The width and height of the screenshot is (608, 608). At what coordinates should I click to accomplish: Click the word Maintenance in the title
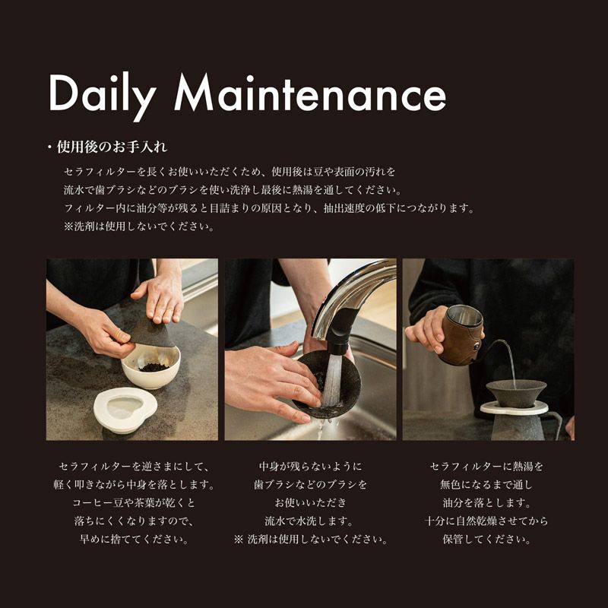coord(310,92)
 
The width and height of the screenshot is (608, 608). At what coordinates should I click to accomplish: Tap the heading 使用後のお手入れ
coord(112,147)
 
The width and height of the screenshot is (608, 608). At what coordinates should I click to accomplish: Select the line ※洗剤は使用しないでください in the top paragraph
coord(139,226)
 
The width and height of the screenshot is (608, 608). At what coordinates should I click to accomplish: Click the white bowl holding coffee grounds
coord(150,368)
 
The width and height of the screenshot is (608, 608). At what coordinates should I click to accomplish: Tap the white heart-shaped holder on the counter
coord(125,410)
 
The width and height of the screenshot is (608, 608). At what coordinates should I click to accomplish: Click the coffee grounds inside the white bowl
coord(154,367)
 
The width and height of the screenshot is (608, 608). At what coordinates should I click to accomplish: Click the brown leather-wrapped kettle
coord(461,335)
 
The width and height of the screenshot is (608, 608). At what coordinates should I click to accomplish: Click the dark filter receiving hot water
coord(516,393)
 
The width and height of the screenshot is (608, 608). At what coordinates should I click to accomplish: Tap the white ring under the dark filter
coord(515,408)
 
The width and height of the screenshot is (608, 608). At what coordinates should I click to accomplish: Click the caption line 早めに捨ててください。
coord(135,539)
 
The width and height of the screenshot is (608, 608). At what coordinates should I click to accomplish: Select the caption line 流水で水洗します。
coord(309,521)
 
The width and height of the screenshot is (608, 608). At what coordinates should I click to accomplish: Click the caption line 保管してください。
coord(486,539)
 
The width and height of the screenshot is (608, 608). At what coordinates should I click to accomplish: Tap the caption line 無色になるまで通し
coord(486,484)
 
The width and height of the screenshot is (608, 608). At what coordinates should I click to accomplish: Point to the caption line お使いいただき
coord(310,502)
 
